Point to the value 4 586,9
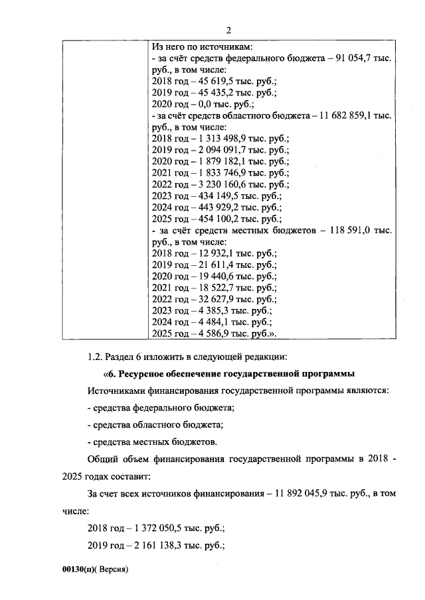207,333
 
